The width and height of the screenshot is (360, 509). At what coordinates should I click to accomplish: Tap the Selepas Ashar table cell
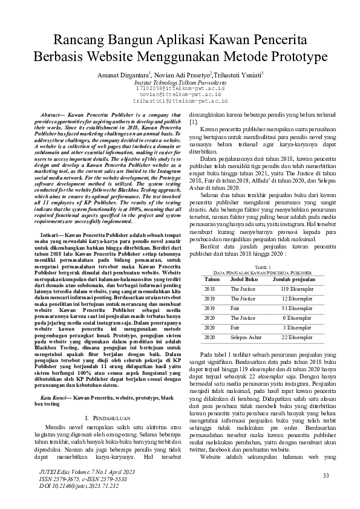click(247, 337)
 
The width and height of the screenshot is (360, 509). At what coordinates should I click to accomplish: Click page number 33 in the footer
click(326, 476)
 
